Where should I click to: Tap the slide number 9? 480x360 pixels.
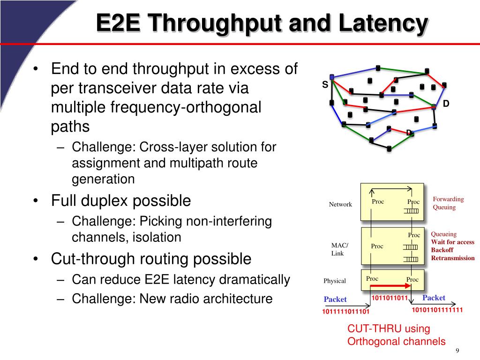(457, 352)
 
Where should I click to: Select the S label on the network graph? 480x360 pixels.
(325, 84)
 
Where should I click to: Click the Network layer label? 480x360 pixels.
(340, 204)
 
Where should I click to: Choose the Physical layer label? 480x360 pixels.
(335, 281)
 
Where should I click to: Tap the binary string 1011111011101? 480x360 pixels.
(345, 312)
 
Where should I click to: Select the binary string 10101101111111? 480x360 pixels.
(437, 310)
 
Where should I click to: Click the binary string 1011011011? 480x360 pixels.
(390, 298)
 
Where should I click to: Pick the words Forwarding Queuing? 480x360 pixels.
(448, 203)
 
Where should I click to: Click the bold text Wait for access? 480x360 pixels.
(452, 242)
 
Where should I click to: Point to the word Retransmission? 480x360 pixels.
(453, 258)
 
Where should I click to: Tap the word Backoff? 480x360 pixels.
(442, 250)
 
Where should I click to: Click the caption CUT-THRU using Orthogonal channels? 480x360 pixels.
(396, 335)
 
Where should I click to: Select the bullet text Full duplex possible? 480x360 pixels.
(121, 201)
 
